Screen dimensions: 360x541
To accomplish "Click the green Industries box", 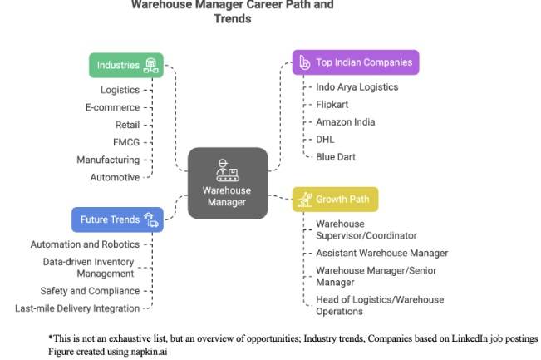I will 126,65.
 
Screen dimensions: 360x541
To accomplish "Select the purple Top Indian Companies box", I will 355,62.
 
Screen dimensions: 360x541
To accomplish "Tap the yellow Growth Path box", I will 336,200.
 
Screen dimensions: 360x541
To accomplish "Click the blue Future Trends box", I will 116,219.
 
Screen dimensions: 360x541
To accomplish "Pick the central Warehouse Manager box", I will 227,183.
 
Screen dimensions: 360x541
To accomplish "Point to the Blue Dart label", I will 337,156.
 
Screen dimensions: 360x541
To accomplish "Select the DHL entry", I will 325,139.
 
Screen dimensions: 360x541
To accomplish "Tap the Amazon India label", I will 345,122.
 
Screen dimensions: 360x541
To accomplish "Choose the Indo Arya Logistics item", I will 357,87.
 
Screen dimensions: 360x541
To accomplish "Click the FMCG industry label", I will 126,142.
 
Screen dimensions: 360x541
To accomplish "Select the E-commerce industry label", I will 113,107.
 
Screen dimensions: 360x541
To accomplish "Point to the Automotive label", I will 115,177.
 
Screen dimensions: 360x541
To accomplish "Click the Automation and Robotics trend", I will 85,244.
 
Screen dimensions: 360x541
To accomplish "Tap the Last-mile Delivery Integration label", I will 77,308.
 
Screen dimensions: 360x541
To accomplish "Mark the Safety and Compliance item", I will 90,291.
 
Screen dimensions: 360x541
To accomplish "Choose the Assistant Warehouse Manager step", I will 381,253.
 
